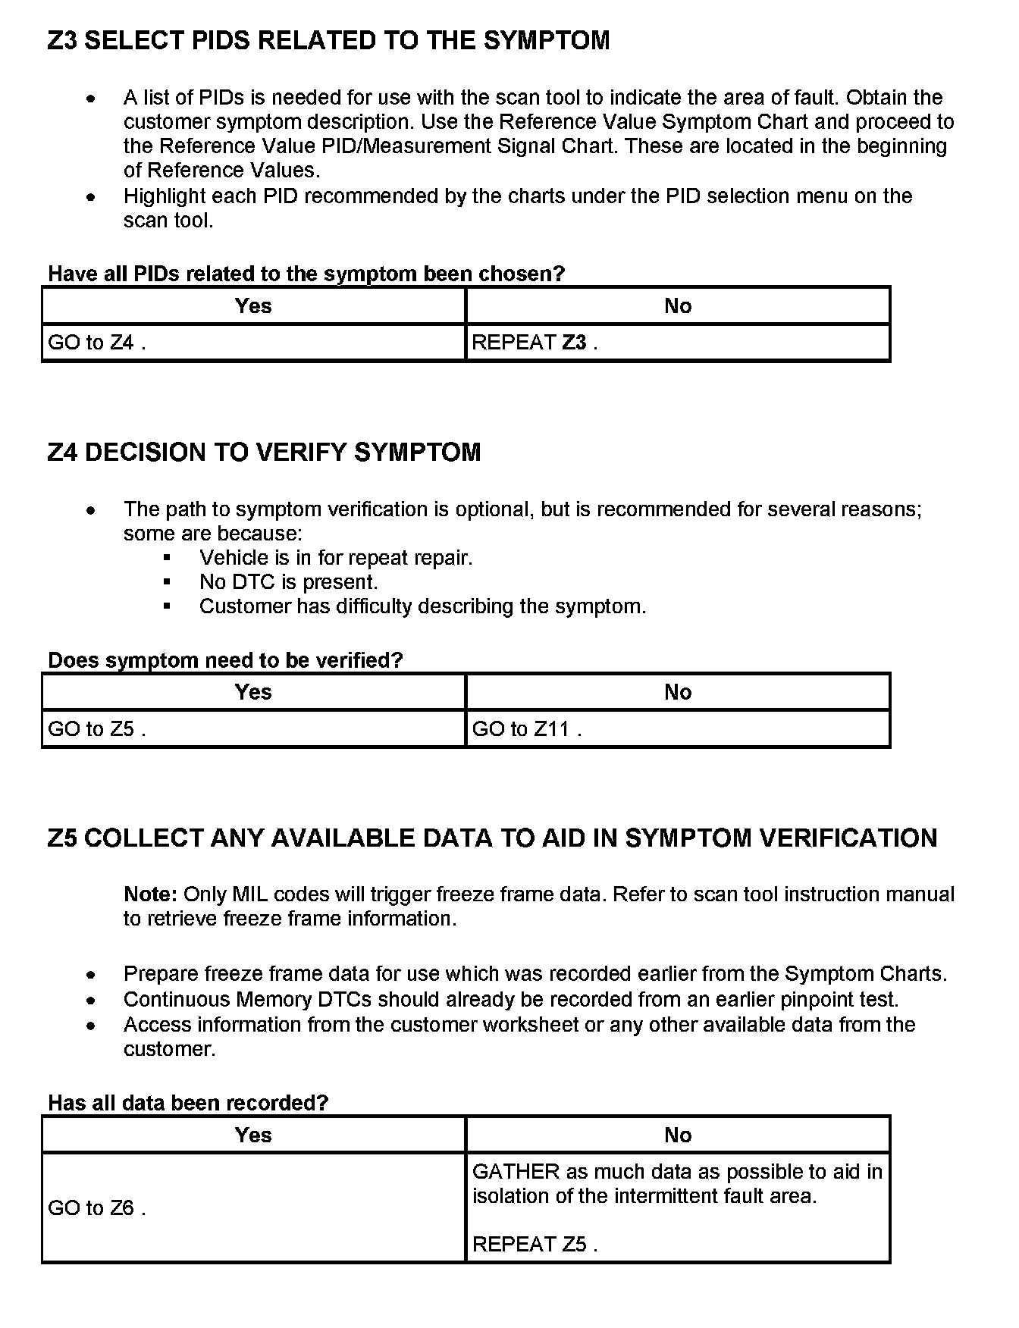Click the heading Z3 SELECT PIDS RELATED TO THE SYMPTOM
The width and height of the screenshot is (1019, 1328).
pyautogui.click(x=328, y=41)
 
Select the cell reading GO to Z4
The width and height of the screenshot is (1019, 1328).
pyautogui.click(x=97, y=343)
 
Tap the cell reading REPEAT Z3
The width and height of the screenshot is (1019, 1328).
pyautogui.click(x=535, y=343)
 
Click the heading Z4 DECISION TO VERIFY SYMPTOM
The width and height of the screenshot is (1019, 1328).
pyautogui.click(x=264, y=453)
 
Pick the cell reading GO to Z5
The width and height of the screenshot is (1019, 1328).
pyautogui.click(x=97, y=729)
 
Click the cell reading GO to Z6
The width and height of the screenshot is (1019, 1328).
pyautogui.click(x=97, y=1208)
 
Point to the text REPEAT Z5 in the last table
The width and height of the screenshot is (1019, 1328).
pyautogui.click(x=535, y=1245)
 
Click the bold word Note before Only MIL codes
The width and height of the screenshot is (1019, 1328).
pyautogui.click(x=150, y=894)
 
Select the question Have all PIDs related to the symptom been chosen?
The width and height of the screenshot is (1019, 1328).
pyautogui.click(x=306, y=274)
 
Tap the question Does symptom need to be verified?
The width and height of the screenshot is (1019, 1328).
pyautogui.click(x=225, y=660)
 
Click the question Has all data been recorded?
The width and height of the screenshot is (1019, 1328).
pyautogui.click(x=188, y=1103)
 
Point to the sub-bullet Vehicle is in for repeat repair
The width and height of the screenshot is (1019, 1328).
pyautogui.click(x=336, y=558)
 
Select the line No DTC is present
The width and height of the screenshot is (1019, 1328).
pyautogui.click(x=288, y=582)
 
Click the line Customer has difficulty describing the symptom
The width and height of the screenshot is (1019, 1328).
pyautogui.click(x=422, y=606)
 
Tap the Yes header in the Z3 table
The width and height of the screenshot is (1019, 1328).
pyautogui.click(x=253, y=306)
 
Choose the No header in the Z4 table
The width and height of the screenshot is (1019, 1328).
pyautogui.click(x=678, y=692)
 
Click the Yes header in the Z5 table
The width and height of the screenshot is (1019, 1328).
pyautogui.click(x=253, y=1135)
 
